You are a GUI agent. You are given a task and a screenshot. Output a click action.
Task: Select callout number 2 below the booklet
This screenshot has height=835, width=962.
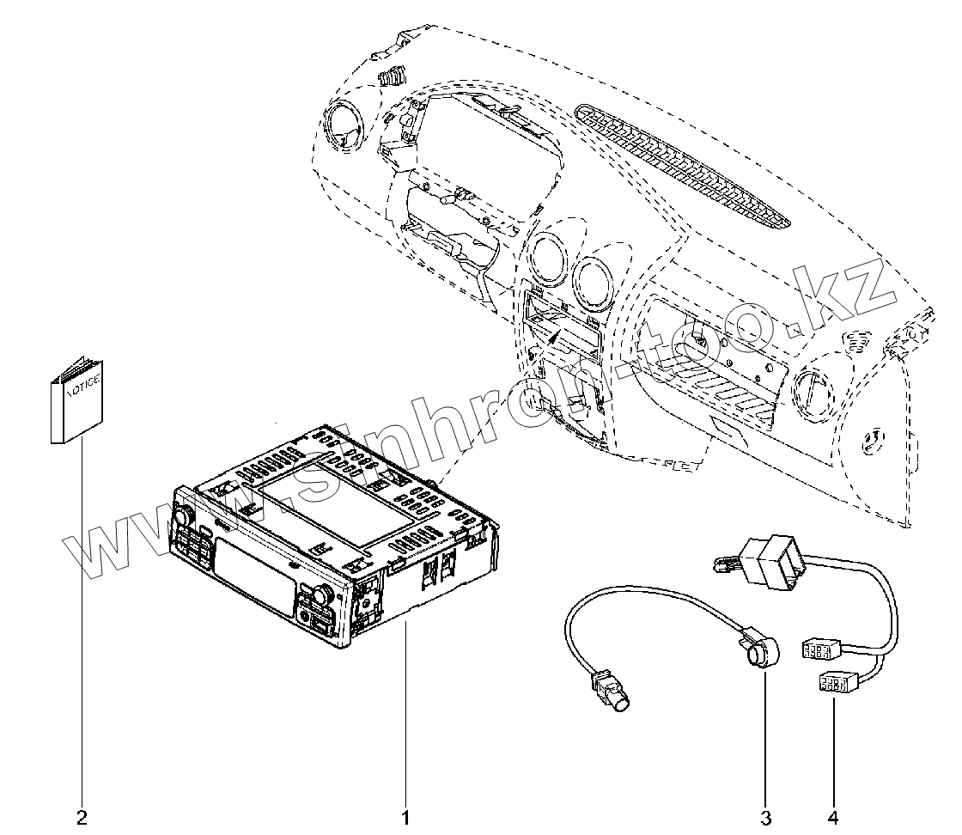point(82,814)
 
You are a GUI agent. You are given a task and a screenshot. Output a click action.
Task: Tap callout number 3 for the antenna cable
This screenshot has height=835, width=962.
point(764,814)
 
